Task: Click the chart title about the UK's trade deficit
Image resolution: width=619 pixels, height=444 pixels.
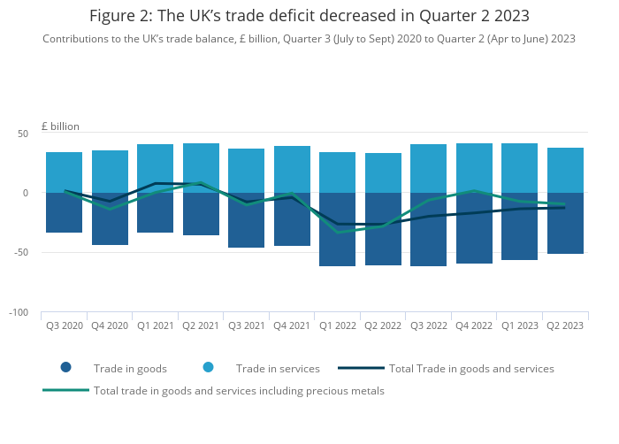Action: coord(309,16)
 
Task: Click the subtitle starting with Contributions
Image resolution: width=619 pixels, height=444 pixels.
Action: coord(309,39)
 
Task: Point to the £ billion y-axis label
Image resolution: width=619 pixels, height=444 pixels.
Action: coord(60,126)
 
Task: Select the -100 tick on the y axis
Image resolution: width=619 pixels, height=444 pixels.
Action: coord(19,312)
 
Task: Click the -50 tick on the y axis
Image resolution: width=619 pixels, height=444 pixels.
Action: coord(21,252)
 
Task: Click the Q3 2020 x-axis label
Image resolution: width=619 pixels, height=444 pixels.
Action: coord(65,325)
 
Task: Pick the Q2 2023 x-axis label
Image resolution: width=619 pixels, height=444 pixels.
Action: coord(565,325)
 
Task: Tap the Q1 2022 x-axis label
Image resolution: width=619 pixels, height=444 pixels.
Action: coord(338,325)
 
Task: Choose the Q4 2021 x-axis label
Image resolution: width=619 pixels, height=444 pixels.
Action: coord(292,325)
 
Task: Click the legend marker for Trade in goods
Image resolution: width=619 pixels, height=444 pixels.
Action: coord(65,368)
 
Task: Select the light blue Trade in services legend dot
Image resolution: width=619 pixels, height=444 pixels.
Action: coord(208,368)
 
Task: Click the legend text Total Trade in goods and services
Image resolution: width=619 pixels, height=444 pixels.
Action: coord(471,368)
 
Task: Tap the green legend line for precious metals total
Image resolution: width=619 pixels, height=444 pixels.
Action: coord(66,390)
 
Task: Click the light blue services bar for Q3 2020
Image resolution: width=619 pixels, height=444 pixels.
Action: coord(65,172)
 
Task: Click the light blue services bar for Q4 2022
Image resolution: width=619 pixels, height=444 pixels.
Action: coord(474,168)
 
